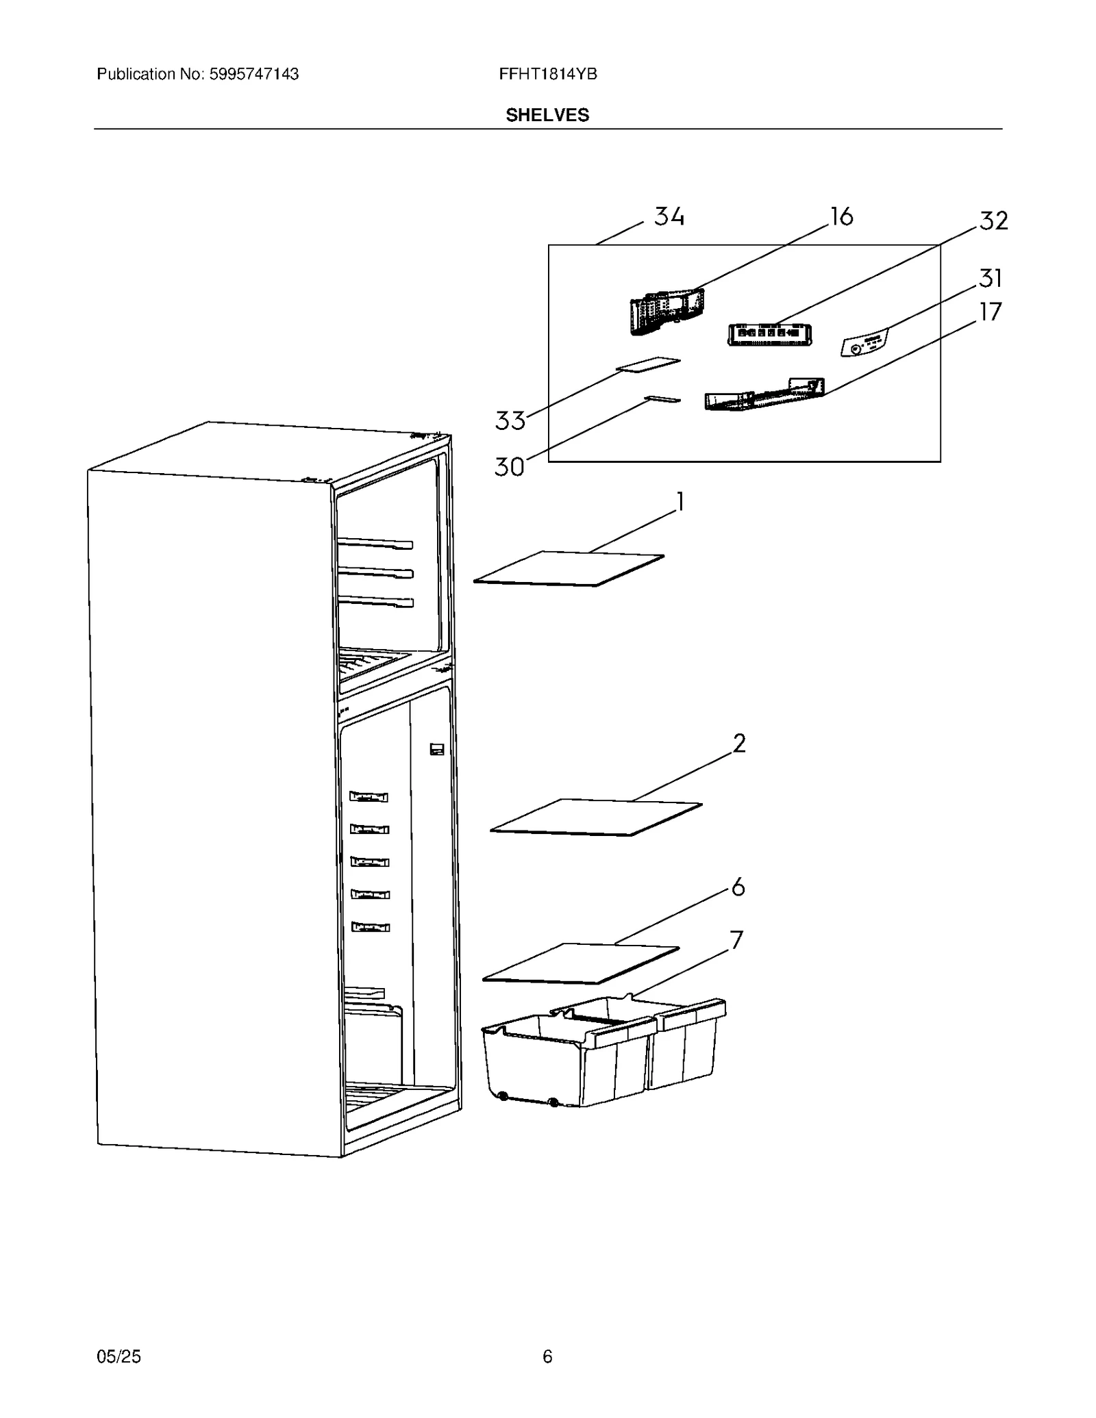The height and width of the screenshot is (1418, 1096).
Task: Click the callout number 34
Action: click(x=669, y=216)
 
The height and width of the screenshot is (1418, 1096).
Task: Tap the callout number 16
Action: click(x=842, y=217)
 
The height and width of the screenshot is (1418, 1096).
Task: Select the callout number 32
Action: click(x=993, y=221)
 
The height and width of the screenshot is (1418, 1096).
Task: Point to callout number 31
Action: click(x=991, y=279)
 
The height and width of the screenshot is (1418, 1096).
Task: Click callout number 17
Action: click(x=991, y=312)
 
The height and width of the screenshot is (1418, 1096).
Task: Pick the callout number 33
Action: click(x=510, y=420)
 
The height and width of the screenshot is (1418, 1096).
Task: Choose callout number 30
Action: click(x=510, y=467)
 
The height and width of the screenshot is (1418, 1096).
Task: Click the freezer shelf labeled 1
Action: click(x=569, y=569)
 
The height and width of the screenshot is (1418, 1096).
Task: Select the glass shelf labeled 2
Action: click(x=596, y=817)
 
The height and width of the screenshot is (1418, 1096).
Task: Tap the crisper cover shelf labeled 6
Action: click(x=581, y=963)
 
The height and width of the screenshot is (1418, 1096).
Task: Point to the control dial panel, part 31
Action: click(x=864, y=342)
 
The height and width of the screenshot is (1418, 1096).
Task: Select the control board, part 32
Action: click(x=769, y=334)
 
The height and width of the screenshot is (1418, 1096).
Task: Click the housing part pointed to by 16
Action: click(x=666, y=312)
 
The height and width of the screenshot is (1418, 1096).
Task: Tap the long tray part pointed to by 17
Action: click(x=764, y=395)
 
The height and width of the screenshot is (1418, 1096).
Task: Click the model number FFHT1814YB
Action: click(x=548, y=74)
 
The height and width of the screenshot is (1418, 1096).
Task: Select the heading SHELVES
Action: click(x=547, y=115)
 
